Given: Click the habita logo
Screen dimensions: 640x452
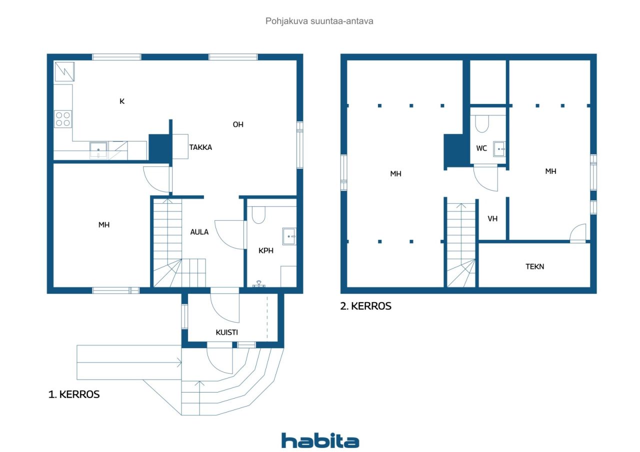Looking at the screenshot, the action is point(320,441).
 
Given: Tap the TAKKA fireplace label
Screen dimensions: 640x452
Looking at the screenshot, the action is point(200,147).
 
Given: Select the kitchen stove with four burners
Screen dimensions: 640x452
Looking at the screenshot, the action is point(63,119).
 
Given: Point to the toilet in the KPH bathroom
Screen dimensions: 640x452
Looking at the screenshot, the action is point(258,215).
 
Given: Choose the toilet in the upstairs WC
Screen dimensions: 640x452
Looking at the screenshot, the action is point(481,124).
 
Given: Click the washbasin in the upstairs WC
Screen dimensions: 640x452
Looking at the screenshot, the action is point(499,149).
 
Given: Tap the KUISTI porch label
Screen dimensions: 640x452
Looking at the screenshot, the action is point(227,333).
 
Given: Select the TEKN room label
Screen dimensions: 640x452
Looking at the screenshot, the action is point(535,267).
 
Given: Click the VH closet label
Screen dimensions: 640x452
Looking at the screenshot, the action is point(492,219).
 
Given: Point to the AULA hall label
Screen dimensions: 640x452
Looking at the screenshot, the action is point(199,232).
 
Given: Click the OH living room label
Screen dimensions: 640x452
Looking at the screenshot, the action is point(238,124).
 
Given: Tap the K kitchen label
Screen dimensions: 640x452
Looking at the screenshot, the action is point(122,101).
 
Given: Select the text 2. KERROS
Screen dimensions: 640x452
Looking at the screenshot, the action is point(365,306).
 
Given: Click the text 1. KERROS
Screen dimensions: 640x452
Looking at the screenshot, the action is point(74,395).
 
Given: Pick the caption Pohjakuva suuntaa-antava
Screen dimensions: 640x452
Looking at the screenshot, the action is point(319,21).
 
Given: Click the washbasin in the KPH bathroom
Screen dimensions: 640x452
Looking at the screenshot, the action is point(289,237).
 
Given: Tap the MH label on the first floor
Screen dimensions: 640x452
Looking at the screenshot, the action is point(104,225).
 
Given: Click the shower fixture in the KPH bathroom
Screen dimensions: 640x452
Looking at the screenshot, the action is point(259,284).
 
